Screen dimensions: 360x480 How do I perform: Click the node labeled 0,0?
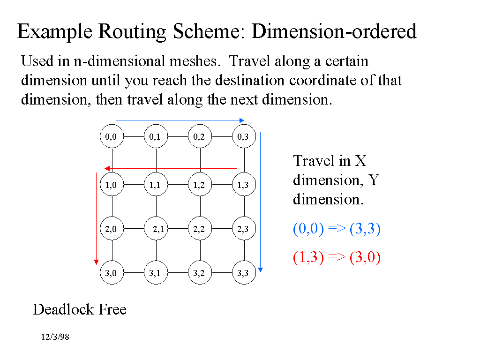tap(112, 137)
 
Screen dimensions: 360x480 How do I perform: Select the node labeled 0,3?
tap(244, 137)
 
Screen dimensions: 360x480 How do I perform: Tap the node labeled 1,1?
tap(156, 185)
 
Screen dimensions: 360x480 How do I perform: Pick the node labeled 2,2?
tap(200, 229)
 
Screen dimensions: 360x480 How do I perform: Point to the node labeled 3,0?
tap(112, 273)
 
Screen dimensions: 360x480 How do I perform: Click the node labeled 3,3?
tap(244, 273)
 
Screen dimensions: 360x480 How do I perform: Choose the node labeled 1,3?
tap(244, 185)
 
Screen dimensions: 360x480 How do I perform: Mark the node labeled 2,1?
tap(156, 229)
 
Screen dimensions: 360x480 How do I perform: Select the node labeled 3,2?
tap(200, 273)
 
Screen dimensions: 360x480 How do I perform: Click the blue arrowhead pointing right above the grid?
tap(242, 120)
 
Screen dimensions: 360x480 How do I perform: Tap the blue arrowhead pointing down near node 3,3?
tap(261, 270)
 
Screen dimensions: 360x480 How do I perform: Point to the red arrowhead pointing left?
tap(107, 168)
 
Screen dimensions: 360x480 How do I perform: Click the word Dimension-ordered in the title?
tap(334, 32)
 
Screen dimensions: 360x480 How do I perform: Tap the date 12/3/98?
tap(55, 337)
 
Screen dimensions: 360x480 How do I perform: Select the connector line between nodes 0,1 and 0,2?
tap(178, 137)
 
